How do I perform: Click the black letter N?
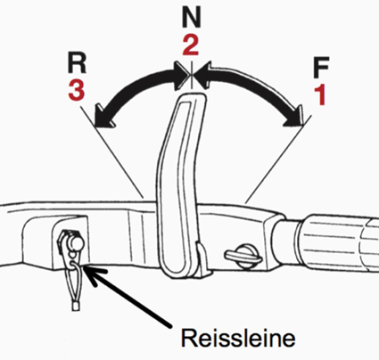[x=192, y=18]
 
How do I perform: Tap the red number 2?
[x=191, y=45]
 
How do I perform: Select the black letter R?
[x=77, y=63]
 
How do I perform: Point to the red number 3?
[x=77, y=90]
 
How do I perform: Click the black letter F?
[x=321, y=68]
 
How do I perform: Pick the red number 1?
[x=320, y=94]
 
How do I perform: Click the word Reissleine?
[x=238, y=338]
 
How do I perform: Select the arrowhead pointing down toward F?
[x=295, y=117]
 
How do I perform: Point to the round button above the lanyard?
[x=76, y=242]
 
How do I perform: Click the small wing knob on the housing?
[x=243, y=256]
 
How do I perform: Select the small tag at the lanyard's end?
[x=76, y=306]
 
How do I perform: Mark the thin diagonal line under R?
[x=112, y=152]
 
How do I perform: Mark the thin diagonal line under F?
[x=279, y=159]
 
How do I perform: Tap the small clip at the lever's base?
[x=202, y=258]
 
